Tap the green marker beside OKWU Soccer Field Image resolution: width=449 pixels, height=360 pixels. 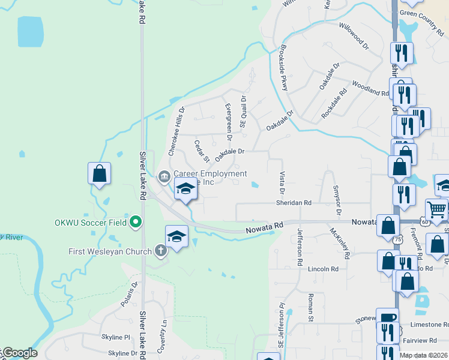tap(136, 223)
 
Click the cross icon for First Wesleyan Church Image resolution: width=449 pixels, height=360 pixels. tap(160, 250)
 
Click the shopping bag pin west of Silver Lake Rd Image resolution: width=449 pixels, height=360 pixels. tap(100, 173)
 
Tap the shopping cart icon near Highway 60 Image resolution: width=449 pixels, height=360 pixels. tap(436, 209)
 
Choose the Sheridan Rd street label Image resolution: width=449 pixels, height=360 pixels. tap(294, 203)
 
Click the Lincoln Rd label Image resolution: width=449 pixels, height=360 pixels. tap(319, 269)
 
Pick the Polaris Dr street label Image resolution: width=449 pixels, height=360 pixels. tap(129, 294)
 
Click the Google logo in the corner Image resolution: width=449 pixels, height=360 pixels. tap(19, 353)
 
